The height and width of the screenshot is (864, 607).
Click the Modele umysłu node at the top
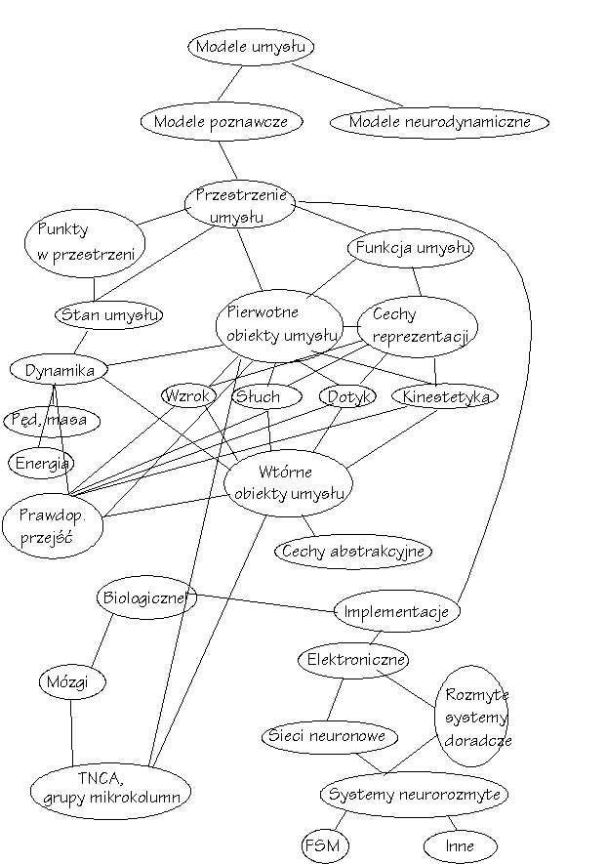pos(252,47)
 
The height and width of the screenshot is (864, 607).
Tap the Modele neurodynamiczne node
pos(438,123)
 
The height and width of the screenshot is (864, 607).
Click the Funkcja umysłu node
pos(411,248)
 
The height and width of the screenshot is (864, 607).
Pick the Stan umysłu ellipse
pos(108,314)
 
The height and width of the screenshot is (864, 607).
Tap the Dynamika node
pos(59,370)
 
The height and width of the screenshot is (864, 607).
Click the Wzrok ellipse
pos(188,395)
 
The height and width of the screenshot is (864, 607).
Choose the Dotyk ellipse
pos(347,395)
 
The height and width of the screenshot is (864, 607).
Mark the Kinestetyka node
pos(444,396)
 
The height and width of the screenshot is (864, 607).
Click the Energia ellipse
pos(40,463)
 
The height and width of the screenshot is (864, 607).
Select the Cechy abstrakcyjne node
pos(352,552)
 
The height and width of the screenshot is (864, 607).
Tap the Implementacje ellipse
pos(396,612)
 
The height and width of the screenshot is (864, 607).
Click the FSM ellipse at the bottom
pos(323,844)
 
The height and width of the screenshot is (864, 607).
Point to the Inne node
pos(459,845)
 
